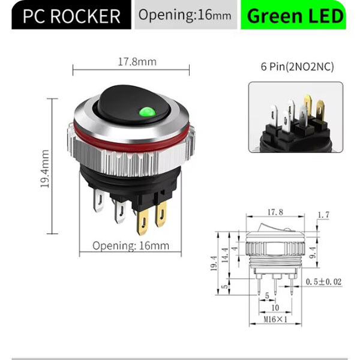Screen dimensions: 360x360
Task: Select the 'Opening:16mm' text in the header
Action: tap(184, 16)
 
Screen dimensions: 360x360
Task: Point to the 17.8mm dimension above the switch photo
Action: tap(137, 61)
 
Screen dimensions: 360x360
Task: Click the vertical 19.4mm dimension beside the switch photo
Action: tap(45, 170)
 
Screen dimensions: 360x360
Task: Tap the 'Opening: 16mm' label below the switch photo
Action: tap(131, 245)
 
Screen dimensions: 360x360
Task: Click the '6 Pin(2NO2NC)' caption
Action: tap(296, 68)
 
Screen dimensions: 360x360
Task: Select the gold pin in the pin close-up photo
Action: tap(310, 104)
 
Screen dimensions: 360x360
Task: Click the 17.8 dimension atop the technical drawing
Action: tap(275, 212)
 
